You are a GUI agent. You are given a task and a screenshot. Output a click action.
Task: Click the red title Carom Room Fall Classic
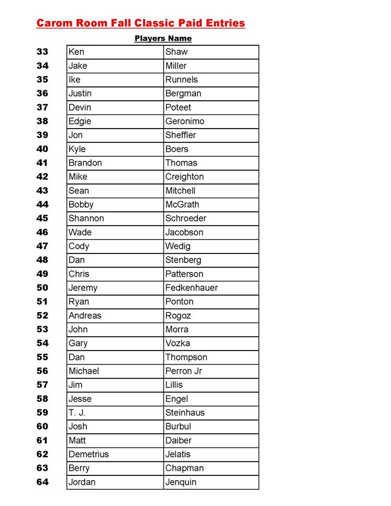coord(141,23)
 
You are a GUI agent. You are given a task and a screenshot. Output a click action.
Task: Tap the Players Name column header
coord(163,38)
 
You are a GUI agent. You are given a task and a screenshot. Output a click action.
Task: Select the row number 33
coord(42,52)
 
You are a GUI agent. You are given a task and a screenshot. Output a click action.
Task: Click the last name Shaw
coord(177,52)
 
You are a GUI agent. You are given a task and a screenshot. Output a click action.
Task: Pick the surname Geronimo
coord(184,121)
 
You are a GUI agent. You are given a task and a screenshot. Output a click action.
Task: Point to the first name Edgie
coord(80,121)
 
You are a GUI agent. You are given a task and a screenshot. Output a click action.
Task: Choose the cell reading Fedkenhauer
coord(191,288)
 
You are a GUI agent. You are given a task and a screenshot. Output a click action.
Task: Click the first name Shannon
coord(86,218)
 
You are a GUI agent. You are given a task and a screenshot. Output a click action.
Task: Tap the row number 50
coord(42,288)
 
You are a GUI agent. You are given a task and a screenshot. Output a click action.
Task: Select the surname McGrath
coord(182,205)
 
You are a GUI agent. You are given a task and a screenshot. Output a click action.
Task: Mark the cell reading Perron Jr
coord(183,371)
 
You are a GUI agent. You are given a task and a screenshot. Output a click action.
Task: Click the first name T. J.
coord(77,413)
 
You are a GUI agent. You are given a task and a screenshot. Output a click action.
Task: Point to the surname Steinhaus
coord(185,413)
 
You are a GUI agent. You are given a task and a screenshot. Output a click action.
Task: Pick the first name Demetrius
coord(89,454)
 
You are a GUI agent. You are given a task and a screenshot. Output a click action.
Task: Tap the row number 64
coord(42,482)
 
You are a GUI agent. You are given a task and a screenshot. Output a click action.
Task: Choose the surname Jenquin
coord(181,482)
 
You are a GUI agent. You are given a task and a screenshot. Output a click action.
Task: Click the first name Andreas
coord(85,316)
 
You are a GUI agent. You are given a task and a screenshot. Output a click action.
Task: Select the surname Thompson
coord(186,357)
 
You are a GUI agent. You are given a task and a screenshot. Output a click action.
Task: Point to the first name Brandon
coord(85,163)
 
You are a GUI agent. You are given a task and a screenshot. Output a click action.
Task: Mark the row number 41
coord(42,163)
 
